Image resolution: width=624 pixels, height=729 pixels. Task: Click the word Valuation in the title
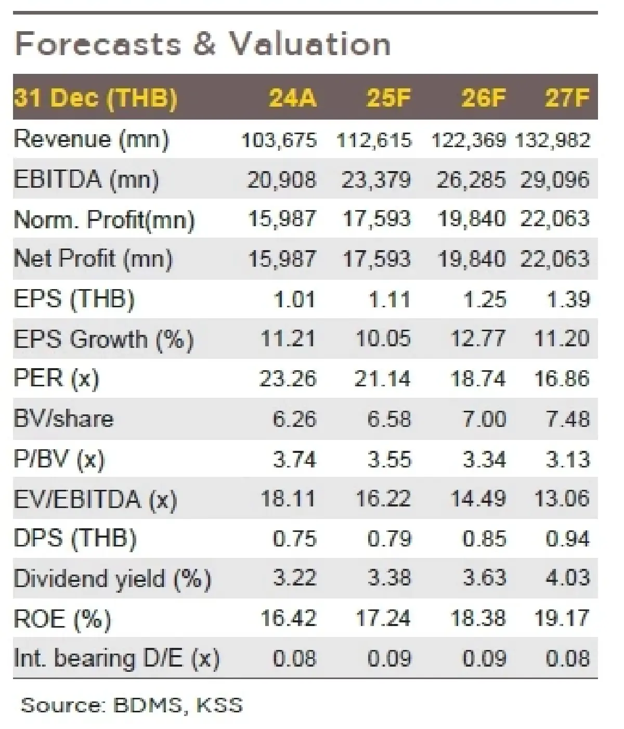tap(310, 44)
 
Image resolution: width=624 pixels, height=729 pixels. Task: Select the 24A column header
tap(292, 98)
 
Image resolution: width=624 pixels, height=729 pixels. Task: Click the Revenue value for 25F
tap(374, 140)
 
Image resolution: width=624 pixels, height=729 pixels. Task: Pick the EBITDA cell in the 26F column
tap(471, 180)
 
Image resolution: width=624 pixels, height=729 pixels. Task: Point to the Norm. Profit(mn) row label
tap(104, 219)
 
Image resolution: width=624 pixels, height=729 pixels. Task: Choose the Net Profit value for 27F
tap(555, 259)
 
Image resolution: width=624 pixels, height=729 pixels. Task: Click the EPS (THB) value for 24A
tap(294, 300)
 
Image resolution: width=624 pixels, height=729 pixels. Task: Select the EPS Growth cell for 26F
tap(478, 339)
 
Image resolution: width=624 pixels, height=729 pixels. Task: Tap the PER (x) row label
tap(56, 379)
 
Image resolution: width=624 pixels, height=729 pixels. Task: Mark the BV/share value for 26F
tap(484, 419)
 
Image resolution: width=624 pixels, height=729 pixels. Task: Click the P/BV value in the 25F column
tap(389, 459)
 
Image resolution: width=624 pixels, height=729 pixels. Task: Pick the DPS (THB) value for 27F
tap(568, 539)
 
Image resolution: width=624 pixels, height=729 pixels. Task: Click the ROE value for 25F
tap(383, 618)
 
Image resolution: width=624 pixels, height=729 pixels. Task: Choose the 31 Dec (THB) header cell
tap(96, 98)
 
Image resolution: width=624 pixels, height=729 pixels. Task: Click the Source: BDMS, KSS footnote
tap(132, 705)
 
